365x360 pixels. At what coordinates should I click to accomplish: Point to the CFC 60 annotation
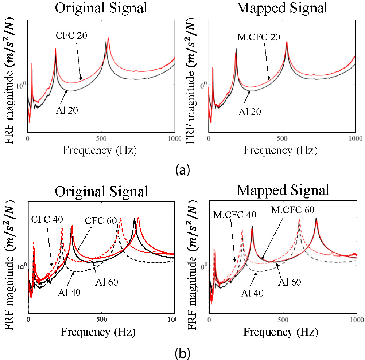tap(101, 220)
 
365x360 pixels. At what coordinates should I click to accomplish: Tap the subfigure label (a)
tap(183, 169)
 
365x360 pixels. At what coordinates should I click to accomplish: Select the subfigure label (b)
tap(183, 353)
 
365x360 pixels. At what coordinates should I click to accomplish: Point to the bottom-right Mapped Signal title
tap(283, 190)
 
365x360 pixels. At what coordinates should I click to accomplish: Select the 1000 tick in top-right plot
tap(355, 139)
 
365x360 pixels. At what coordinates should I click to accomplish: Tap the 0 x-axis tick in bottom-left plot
tap(29, 320)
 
